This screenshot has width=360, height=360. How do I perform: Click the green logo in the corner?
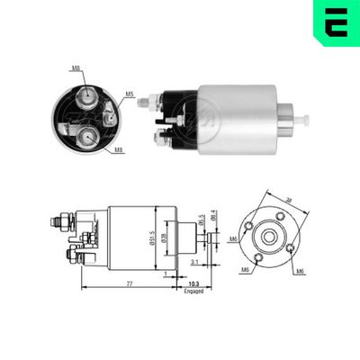point(335,21)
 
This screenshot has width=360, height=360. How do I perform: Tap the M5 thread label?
point(129,93)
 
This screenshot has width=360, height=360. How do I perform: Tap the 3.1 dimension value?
point(194,262)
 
